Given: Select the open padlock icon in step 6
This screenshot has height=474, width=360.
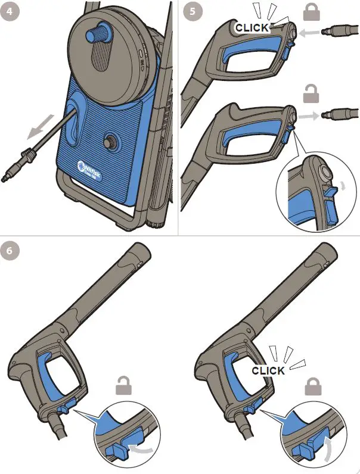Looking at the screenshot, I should click(125, 388).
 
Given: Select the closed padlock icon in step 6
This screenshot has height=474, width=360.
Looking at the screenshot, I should click(314, 388).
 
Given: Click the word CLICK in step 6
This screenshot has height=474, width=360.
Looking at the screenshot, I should click(268, 370).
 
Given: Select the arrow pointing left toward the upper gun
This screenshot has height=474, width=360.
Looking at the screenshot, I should click(306, 35).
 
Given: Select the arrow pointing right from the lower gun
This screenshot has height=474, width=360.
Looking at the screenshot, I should click(306, 114).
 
